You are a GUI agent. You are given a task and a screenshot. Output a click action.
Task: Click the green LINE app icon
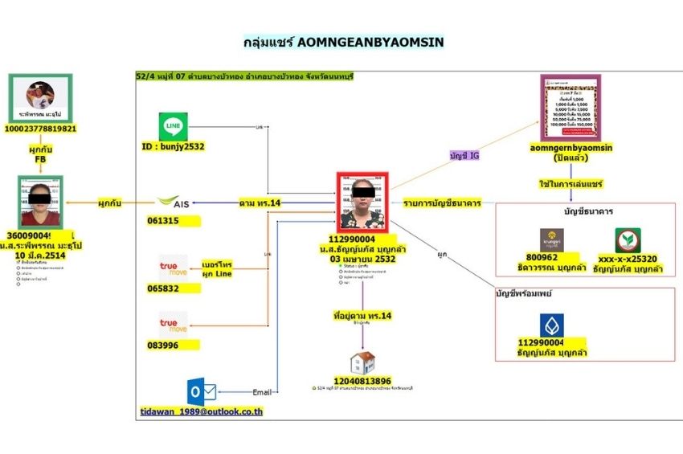coord(174,127)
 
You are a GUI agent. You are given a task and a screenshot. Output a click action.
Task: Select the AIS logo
coord(174,202)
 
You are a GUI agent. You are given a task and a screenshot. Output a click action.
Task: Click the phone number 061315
coord(163,219)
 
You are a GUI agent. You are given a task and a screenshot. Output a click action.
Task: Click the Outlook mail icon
coord(201,391)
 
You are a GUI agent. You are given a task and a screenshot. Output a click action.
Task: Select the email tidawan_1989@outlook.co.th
coord(202,411)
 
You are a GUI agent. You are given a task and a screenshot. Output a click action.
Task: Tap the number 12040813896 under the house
coord(362,381)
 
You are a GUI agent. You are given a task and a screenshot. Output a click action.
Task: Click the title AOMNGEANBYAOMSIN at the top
coord(342,40)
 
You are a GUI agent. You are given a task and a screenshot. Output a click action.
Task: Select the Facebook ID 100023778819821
coord(41,129)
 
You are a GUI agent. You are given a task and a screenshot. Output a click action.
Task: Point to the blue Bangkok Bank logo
coord(551,325)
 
